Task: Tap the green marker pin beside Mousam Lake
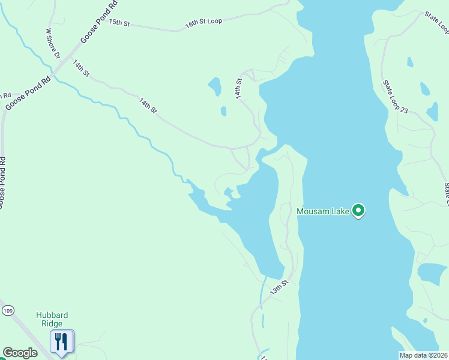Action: [x=358, y=211]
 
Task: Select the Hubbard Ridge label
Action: [x=52, y=319]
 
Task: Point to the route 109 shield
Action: [x=7, y=310]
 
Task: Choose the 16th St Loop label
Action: [x=203, y=22]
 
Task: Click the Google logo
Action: [x=20, y=353]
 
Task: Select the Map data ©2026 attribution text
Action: [x=423, y=355]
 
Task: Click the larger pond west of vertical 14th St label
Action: [x=214, y=86]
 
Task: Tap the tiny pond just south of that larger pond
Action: [x=223, y=111]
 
